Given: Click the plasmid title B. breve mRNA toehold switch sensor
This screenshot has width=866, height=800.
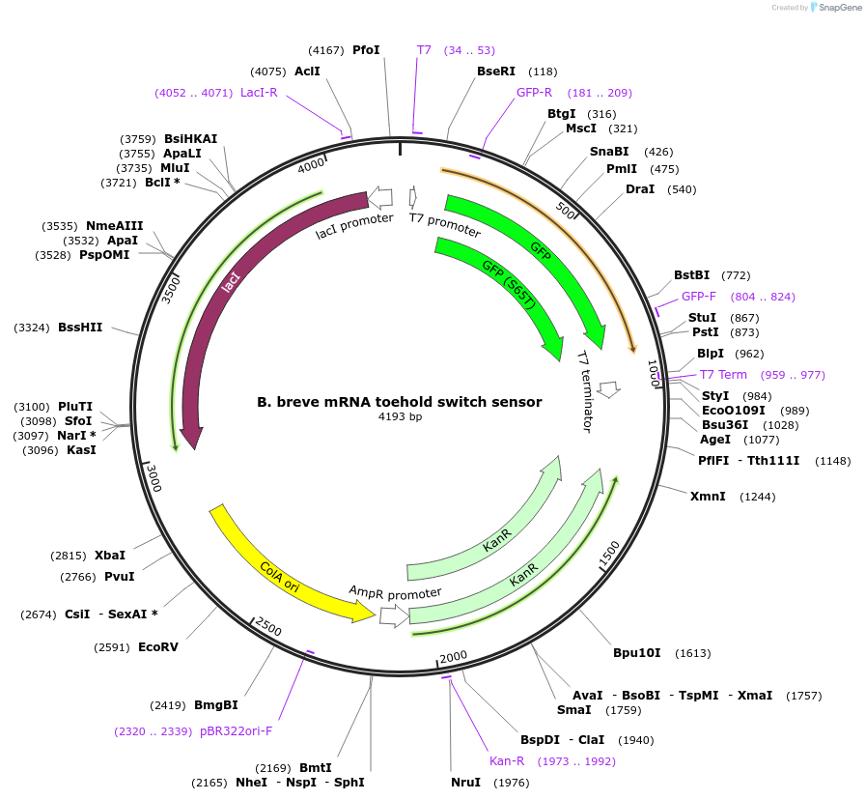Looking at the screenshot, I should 399,402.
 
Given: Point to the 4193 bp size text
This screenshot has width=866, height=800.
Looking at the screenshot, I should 400,417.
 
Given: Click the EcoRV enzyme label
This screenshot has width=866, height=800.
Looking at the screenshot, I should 157,646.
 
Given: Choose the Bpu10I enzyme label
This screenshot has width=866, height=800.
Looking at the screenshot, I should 637,653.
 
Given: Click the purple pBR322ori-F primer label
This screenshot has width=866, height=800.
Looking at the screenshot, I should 237,731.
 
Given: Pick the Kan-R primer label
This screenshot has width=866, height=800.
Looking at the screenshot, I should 507,761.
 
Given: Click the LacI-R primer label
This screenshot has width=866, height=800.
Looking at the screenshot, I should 259,93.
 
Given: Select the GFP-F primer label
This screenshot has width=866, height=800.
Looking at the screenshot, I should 699,297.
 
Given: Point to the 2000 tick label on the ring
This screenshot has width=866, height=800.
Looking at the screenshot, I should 453,658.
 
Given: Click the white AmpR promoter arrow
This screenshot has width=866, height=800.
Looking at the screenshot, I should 393,614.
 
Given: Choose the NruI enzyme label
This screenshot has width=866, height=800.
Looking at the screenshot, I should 465,783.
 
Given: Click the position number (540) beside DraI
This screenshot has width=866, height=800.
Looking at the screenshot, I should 682,189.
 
